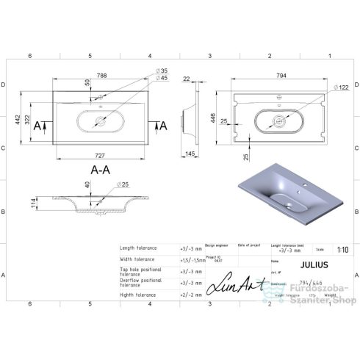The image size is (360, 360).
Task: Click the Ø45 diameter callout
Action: [162, 79]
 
